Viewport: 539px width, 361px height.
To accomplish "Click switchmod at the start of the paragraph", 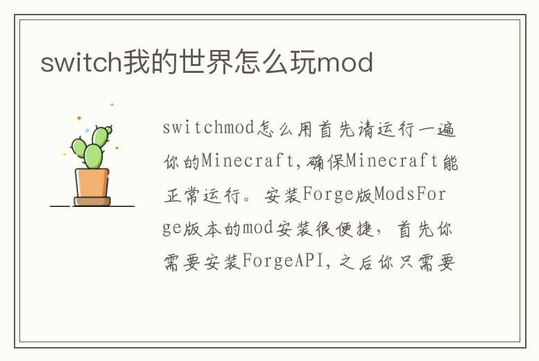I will pos(209,128).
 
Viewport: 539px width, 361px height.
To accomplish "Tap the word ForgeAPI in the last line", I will pos(281,263).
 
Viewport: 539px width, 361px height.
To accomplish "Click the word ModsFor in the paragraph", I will pos(410,195).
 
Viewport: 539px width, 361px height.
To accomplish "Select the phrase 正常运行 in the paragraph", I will pos(202,195).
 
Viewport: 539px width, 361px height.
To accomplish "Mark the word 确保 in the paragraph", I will pos(325,162).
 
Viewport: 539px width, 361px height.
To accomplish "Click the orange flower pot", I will pos(92,183).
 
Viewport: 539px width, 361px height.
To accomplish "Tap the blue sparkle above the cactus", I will pos(112,105).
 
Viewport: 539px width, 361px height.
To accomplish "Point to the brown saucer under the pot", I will pos(92,201).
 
